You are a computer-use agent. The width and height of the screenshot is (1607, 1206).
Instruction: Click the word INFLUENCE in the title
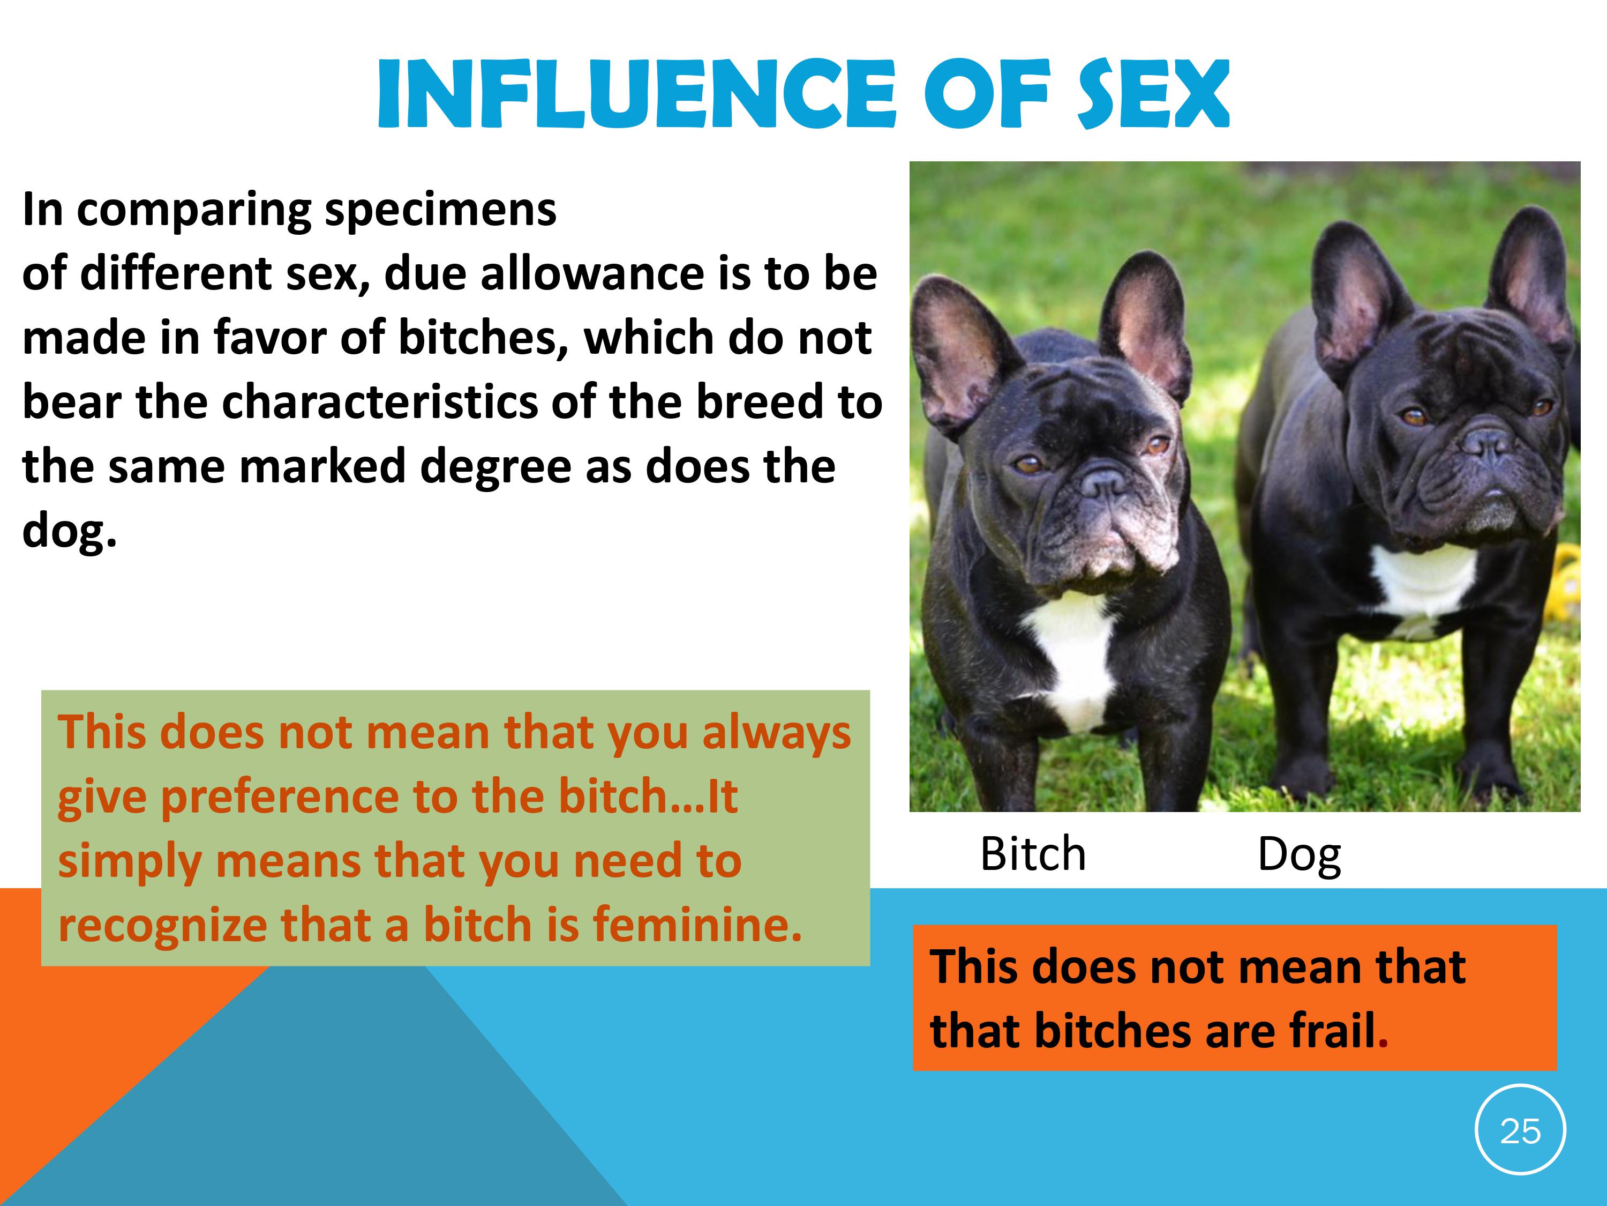click(x=636, y=94)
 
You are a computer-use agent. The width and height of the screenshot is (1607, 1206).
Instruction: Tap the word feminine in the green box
click(x=698, y=925)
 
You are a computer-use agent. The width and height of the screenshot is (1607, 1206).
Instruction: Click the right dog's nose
click(x=1487, y=440)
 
